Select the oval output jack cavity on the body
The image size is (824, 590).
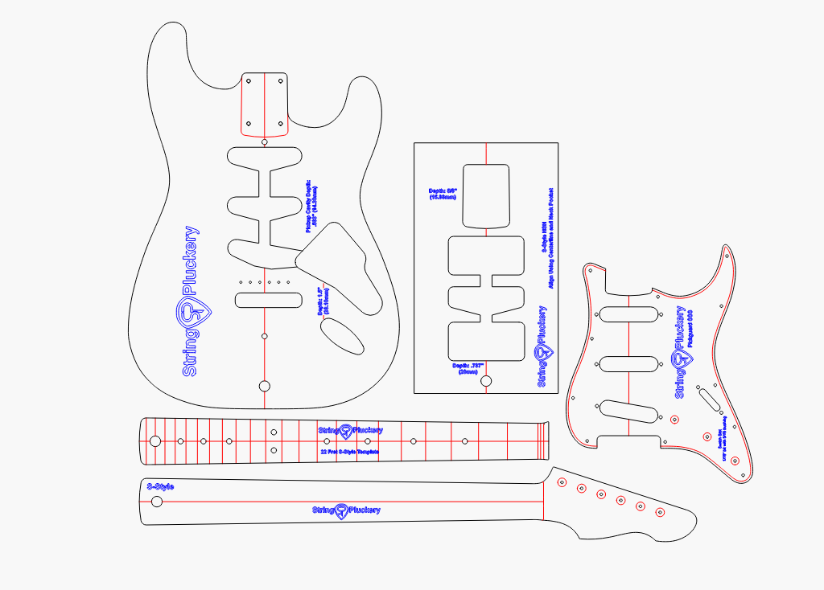(x=344, y=334)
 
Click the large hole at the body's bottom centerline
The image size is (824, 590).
(x=264, y=386)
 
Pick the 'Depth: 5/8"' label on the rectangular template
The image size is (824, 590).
(x=443, y=194)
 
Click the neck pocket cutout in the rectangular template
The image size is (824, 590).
(x=488, y=195)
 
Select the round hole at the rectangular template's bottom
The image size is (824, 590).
(x=486, y=381)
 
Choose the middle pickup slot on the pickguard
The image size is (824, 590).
(x=629, y=363)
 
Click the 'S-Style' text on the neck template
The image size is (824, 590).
(x=159, y=487)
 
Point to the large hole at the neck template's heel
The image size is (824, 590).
(x=157, y=502)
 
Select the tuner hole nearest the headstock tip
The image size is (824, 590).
(x=661, y=512)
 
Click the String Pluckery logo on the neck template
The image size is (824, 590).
(x=346, y=510)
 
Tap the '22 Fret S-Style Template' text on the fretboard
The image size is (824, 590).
(x=349, y=453)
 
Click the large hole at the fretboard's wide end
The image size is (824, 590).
(x=154, y=441)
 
